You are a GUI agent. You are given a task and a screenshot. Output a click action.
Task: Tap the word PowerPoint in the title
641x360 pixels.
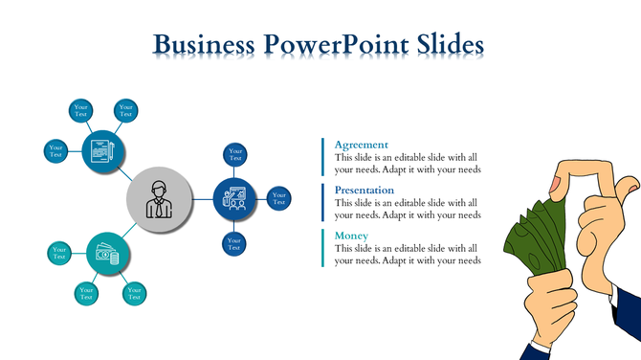tap(332, 46)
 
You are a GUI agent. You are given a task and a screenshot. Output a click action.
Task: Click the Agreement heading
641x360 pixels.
tap(361, 145)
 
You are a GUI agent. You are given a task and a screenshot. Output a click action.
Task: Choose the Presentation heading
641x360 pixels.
tap(365, 190)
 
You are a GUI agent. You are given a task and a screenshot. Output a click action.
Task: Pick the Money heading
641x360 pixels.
tap(352, 236)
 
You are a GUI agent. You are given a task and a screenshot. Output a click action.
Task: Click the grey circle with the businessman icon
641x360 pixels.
tap(158, 199)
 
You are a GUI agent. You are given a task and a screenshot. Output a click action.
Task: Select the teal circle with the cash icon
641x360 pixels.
tap(106, 255)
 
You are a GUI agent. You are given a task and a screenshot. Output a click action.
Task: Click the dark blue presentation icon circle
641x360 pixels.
tap(235, 199)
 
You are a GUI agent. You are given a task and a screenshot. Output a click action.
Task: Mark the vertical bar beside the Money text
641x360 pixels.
tap(322, 248)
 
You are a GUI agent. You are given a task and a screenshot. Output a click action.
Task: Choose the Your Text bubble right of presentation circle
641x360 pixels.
tap(279, 199)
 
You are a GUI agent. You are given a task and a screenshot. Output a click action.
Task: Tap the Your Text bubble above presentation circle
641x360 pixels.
tap(234, 154)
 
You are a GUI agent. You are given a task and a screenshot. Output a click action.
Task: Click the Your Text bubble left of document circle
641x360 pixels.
tap(56, 150)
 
